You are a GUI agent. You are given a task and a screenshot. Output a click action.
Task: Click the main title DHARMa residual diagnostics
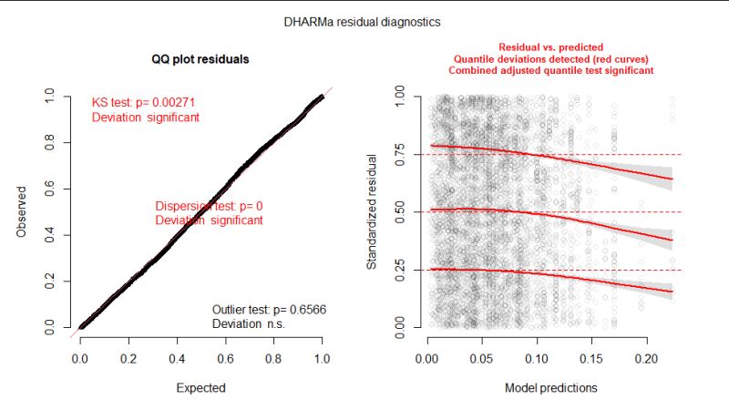(x=364, y=18)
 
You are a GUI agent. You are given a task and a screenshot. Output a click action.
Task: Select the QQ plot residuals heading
(x=200, y=59)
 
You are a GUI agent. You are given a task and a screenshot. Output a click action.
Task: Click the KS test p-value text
(x=145, y=103)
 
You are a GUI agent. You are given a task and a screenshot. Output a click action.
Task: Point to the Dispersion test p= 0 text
(x=209, y=206)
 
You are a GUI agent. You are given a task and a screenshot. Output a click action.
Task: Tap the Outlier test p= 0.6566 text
(x=269, y=310)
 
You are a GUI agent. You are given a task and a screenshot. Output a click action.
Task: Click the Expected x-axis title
(x=200, y=387)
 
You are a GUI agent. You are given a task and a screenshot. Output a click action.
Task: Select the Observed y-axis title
(x=21, y=211)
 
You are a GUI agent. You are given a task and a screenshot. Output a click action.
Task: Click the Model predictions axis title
(x=551, y=387)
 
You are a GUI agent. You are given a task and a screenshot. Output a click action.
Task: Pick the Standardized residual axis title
(x=372, y=211)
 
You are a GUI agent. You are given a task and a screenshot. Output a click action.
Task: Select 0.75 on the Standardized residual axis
(x=402, y=154)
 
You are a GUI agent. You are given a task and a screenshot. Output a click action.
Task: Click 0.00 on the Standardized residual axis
(x=402, y=326)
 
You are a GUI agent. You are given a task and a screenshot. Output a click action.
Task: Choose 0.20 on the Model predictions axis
(x=648, y=348)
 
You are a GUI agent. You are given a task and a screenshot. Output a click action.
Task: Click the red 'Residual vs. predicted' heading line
(x=551, y=46)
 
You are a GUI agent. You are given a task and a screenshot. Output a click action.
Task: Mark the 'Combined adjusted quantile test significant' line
(x=551, y=70)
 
